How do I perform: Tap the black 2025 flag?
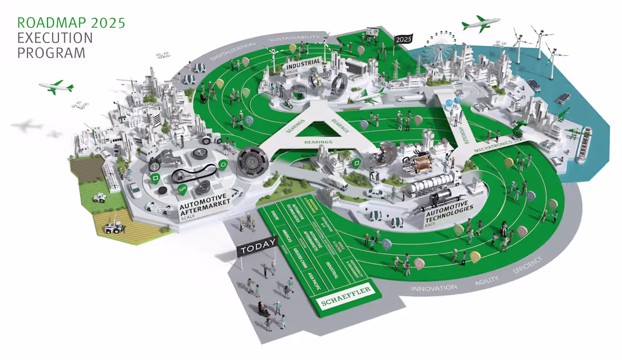point(404,39)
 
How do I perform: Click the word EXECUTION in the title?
point(54,38)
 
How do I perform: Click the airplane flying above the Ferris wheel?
point(481,24)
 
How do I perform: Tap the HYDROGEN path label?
point(452,117)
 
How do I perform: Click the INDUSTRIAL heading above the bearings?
point(303,62)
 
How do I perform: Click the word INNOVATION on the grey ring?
point(434,288)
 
